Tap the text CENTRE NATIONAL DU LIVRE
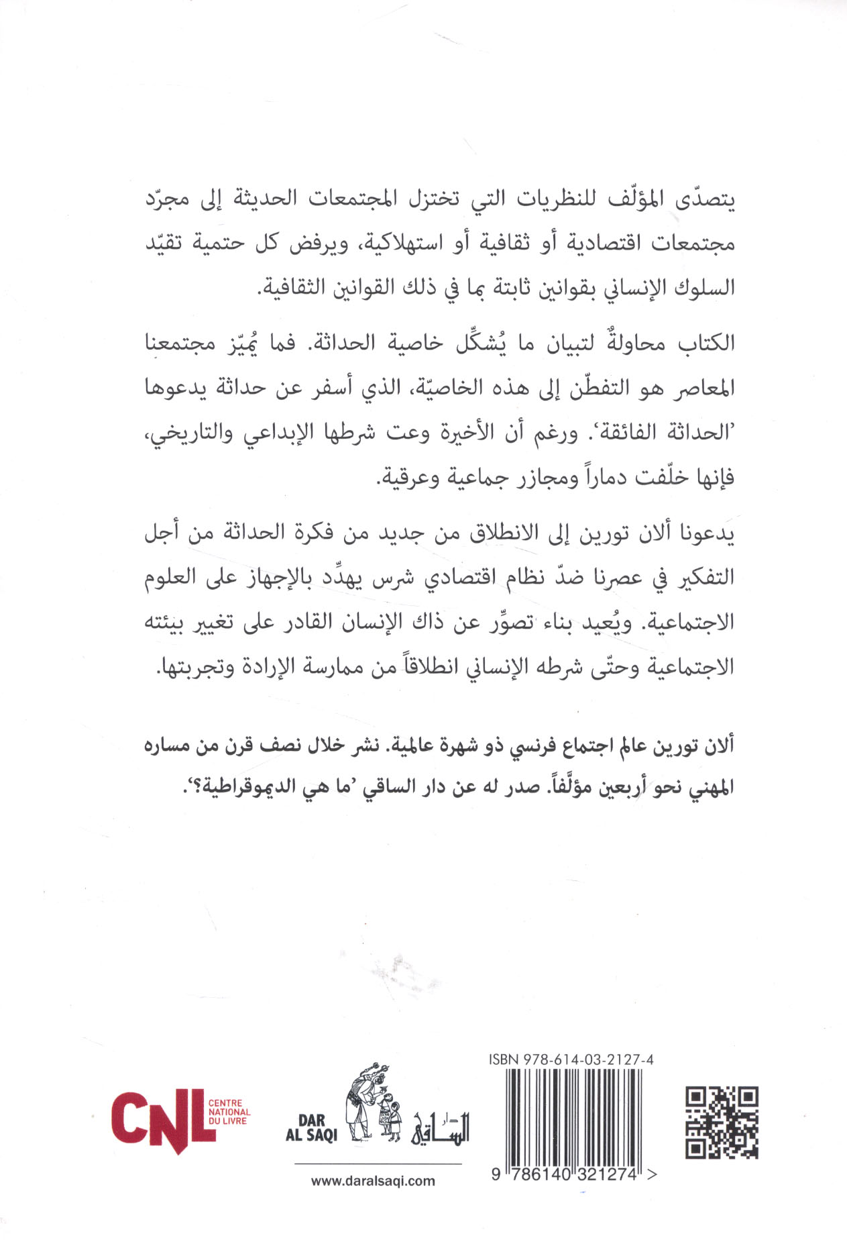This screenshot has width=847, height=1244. [229, 1112]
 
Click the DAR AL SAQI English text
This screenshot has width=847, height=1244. [311, 1128]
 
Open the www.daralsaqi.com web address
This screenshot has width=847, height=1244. [373, 1182]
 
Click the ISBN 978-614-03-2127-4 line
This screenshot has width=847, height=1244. [571, 1060]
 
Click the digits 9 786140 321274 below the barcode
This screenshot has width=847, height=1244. [570, 1175]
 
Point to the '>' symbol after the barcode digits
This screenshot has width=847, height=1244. [653, 1174]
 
